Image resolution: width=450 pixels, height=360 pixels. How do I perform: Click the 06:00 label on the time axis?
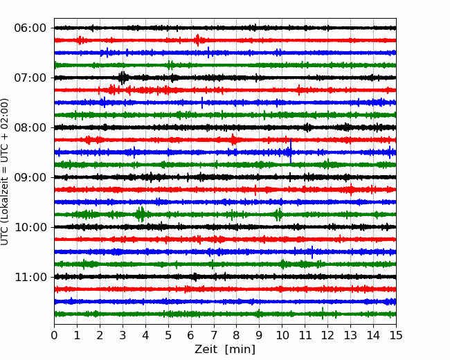pyautogui.click(x=30, y=28)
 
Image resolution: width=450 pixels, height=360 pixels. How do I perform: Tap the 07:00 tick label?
pyautogui.click(x=30, y=78)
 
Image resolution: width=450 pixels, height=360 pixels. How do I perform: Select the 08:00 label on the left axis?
pyautogui.click(x=30, y=127)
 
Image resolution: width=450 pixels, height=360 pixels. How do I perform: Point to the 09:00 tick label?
pyautogui.click(x=30, y=177)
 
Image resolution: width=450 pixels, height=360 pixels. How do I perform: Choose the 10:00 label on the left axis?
pyautogui.click(x=30, y=227)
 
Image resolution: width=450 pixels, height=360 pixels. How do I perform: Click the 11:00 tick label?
pyautogui.click(x=30, y=277)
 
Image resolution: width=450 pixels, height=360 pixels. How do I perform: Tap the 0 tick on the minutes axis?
pyautogui.click(x=54, y=335)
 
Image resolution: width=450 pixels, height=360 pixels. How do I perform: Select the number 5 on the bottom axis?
pyautogui.click(x=168, y=335)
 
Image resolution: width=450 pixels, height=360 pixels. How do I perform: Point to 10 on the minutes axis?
pyautogui.click(x=282, y=335)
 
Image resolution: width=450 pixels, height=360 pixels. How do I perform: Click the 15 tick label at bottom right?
pyautogui.click(x=396, y=335)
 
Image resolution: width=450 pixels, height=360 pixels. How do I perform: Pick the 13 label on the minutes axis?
pyautogui.click(x=350, y=335)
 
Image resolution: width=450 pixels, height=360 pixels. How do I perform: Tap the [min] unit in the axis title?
pyautogui.click(x=240, y=350)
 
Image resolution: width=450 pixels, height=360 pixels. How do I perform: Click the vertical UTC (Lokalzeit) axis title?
pyautogui.click(x=4, y=172)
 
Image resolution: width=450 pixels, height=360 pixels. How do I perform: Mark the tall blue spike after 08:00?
pyautogui.click(x=291, y=151)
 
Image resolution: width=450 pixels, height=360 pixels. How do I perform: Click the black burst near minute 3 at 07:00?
pyautogui.click(x=123, y=78)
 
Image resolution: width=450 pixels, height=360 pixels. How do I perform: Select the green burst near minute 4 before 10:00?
pyautogui.click(x=141, y=214)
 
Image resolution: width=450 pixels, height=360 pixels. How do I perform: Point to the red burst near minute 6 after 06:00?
pyautogui.click(x=197, y=40)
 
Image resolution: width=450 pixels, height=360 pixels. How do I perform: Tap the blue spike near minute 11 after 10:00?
pyautogui.click(x=312, y=252)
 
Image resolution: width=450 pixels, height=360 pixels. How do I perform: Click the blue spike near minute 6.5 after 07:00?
pyautogui.click(x=202, y=102)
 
